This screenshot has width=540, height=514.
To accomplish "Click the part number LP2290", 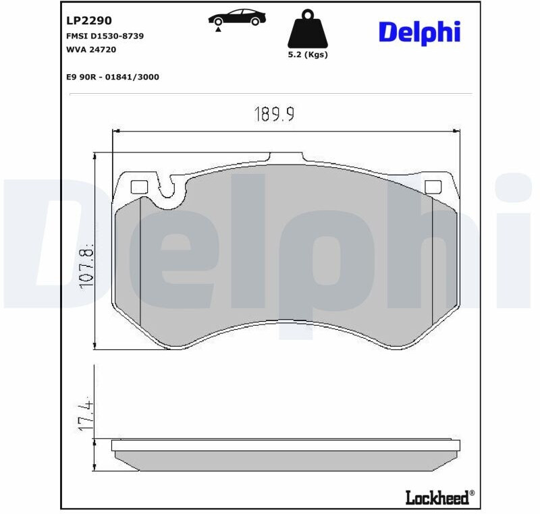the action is pos(89,21).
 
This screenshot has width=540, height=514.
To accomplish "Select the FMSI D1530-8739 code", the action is pos(105,36).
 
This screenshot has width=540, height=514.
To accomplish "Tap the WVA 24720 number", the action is pos(91,49).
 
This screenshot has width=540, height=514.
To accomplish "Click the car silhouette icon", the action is pos(237,18).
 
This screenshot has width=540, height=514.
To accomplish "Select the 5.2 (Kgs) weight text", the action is pos(308,55).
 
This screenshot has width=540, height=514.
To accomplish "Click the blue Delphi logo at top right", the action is pos(419,32).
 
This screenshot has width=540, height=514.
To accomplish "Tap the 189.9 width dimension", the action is pos(274,114).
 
